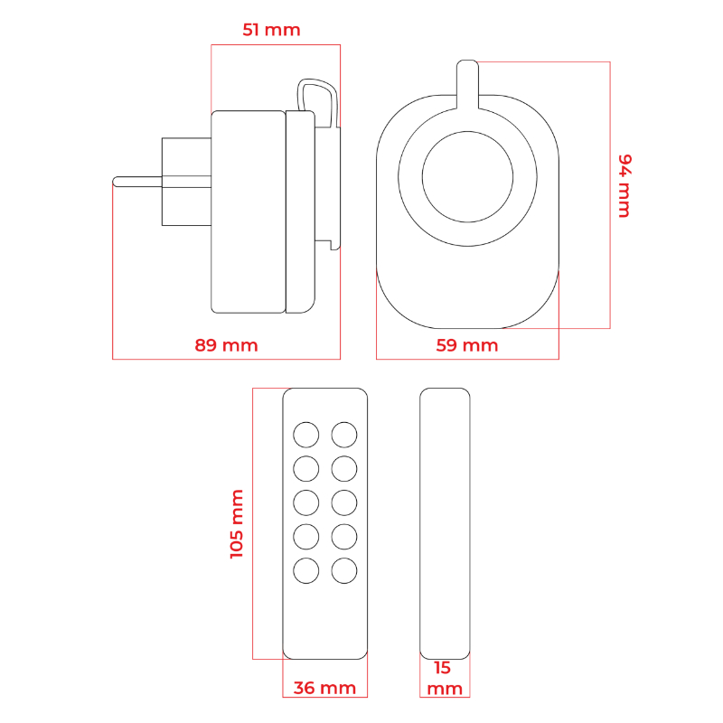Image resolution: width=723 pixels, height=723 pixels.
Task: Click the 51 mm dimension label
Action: (271, 30)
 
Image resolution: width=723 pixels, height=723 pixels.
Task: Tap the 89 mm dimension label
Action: (226, 345)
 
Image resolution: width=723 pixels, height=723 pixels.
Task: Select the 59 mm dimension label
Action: (467, 345)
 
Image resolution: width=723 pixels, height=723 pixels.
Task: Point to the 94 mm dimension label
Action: (624, 186)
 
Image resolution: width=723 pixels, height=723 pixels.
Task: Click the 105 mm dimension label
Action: (237, 524)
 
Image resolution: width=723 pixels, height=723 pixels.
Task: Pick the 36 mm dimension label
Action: (324, 688)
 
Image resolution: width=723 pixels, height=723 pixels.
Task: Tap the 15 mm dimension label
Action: (445, 678)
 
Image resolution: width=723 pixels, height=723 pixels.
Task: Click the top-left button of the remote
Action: (306, 435)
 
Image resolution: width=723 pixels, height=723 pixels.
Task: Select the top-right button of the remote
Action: (344, 435)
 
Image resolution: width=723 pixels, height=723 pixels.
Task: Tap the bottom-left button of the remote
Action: (306, 571)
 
